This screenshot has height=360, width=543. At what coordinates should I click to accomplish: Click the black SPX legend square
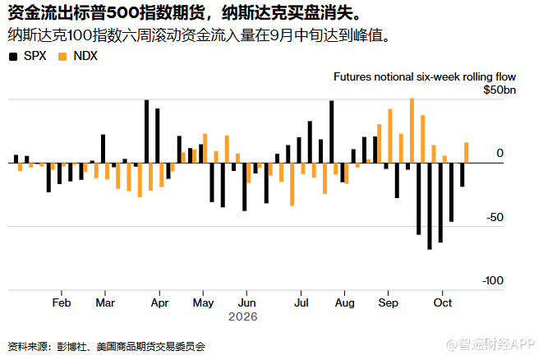pyautogui.click(x=13, y=57)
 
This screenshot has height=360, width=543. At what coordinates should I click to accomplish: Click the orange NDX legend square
pyautogui.click(x=62, y=57)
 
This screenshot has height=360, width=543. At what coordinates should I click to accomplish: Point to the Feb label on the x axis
pyautogui.click(x=62, y=302)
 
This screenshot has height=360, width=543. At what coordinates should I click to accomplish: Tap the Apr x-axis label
pyautogui.click(x=159, y=302)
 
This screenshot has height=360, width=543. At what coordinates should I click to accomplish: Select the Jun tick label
pyautogui.click(x=246, y=302)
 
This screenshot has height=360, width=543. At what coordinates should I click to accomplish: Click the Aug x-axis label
pyautogui.click(x=344, y=302)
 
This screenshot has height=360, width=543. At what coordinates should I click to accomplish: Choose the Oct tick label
pyautogui.click(x=443, y=302)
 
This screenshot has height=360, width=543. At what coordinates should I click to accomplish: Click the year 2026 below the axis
pyautogui.click(x=243, y=316)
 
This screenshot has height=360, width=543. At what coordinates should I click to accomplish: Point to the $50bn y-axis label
pyautogui.click(x=499, y=90)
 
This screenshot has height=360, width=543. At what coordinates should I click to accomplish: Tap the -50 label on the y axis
pyautogui.click(x=495, y=218)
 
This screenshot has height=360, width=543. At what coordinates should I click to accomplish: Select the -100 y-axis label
pyautogui.click(x=492, y=280)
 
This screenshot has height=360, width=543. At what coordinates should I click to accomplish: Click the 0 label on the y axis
pyautogui.click(x=499, y=153)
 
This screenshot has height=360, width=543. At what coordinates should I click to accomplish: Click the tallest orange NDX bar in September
pyautogui.click(x=412, y=131)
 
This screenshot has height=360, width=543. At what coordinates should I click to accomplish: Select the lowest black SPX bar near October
pyautogui.click(x=430, y=206)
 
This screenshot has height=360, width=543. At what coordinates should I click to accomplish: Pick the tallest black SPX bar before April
pyautogui.click(x=146, y=132)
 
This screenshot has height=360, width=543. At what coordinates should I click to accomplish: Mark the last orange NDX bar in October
pyautogui.click(x=466, y=153)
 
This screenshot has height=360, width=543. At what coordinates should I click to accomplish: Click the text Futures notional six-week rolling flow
pyautogui.click(x=425, y=77)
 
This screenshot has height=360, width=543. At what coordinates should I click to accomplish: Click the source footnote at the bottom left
pyautogui.click(x=107, y=347)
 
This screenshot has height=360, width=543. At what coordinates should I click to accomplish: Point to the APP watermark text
pyautogui.click(x=522, y=344)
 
